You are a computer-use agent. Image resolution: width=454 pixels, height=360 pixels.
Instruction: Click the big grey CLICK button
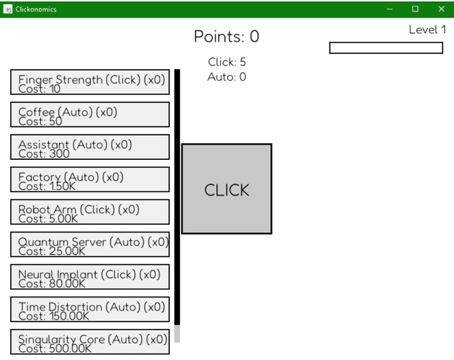pos(227,189)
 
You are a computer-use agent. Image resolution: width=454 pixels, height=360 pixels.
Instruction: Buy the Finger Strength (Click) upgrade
pos(90,82)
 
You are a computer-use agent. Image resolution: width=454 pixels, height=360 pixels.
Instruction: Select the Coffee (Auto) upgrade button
pos(90,114)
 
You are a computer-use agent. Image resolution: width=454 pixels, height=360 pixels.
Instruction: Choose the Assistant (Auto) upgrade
pos(90,147)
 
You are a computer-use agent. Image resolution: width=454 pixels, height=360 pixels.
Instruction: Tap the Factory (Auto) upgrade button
pos(90,179)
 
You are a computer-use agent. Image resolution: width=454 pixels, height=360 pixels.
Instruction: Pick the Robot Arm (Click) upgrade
pos(90,212)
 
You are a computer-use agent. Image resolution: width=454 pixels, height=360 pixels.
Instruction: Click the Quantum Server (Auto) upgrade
pos(90,244)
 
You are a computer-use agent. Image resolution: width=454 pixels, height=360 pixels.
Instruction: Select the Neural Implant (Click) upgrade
pos(90,276)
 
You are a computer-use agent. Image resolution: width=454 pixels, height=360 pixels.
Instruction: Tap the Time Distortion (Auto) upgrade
pos(90,309)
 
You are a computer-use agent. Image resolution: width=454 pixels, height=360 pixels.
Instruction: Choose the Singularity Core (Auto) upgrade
pos(90,341)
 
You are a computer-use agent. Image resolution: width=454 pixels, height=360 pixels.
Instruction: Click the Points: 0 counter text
pos(226,37)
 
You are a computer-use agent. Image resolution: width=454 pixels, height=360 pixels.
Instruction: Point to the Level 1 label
pos(427,30)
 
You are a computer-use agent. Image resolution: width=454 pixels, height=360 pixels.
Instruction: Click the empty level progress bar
pos(386,48)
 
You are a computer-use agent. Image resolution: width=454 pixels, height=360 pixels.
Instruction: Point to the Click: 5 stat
pos(227,62)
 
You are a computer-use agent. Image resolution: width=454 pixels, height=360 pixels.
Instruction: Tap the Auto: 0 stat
pos(227,77)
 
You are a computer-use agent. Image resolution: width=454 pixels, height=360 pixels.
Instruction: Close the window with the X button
pos(441,9)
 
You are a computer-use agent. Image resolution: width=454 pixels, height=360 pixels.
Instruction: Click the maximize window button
pos(415,9)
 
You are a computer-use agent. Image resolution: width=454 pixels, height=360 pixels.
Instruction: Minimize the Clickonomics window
pos(390,9)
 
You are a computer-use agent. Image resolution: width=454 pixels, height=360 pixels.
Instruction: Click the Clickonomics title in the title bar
pos(36,9)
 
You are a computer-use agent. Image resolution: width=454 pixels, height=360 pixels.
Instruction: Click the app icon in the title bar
pos(8,9)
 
